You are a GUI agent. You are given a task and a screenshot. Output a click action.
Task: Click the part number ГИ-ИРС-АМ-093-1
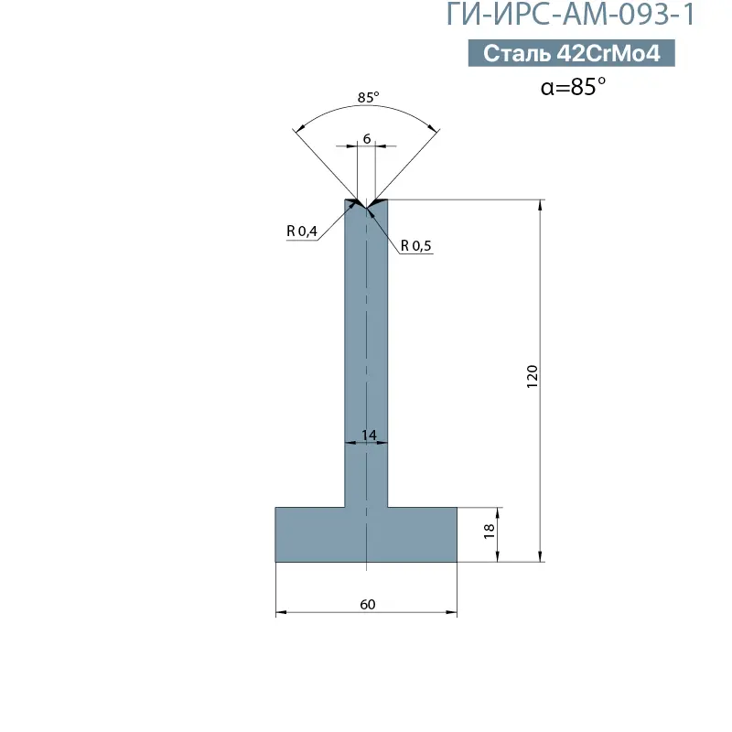(571, 14)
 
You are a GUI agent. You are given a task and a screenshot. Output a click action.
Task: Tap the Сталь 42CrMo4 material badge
(571, 53)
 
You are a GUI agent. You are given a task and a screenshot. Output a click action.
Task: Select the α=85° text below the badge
(573, 86)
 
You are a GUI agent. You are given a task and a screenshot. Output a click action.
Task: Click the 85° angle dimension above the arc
(368, 97)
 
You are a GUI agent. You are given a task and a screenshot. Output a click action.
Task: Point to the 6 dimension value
(367, 139)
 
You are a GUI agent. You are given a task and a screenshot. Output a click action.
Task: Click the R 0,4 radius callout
(302, 231)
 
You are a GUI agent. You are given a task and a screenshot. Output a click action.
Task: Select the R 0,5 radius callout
(416, 245)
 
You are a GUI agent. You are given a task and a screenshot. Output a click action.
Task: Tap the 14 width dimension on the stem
(369, 436)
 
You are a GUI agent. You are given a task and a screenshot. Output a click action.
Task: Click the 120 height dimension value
(533, 376)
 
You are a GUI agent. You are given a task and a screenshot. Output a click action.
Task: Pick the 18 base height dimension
(489, 531)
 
